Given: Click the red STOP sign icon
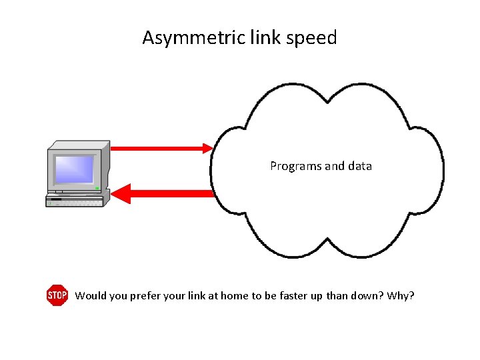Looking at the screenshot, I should pyautogui.click(x=57, y=295).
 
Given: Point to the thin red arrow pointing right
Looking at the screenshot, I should pyautogui.click(x=160, y=148).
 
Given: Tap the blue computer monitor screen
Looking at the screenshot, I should pyautogui.click(x=75, y=169).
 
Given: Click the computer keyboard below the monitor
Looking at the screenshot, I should pyautogui.click(x=75, y=200).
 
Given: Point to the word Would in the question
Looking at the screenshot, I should pyautogui.click(x=89, y=295).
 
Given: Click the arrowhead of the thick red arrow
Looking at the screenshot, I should pyautogui.click(x=120, y=194).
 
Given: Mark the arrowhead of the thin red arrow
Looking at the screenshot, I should pyautogui.click(x=207, y=148).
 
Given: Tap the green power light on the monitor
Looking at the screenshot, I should pyautogui.click(x=97, y=189).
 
